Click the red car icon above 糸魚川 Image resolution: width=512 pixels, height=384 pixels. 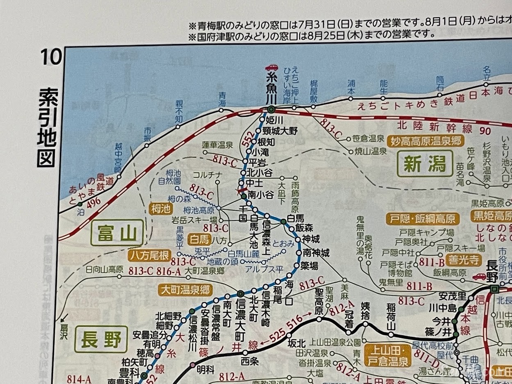(x=271, y=67)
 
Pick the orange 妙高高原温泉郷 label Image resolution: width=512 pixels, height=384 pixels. (x=425, y=141)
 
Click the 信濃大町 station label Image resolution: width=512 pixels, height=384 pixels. (x=241, y=318)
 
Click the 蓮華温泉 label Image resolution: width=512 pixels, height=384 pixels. (x=217, y=145)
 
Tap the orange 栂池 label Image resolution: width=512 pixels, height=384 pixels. (x=159, y=209)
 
